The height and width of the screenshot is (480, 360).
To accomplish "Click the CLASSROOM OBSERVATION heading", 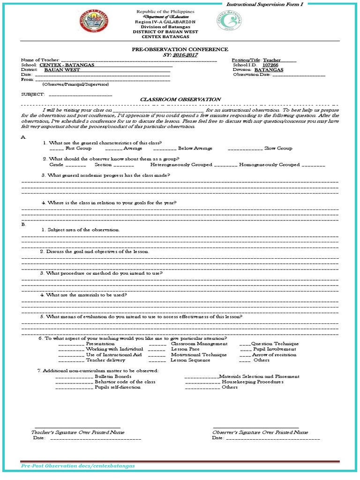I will pos(181,99).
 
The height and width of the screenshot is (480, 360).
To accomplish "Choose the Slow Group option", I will pos(278,148).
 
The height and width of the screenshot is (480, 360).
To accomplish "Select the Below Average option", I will pos(195,148).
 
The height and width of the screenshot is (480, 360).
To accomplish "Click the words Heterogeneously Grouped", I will pos(181,165).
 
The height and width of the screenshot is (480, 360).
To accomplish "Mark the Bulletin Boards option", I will pos(113,376).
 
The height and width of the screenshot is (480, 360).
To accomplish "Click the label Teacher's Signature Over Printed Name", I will pos(78,432).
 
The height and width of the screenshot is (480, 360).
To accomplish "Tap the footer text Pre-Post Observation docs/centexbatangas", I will pos(78,466).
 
